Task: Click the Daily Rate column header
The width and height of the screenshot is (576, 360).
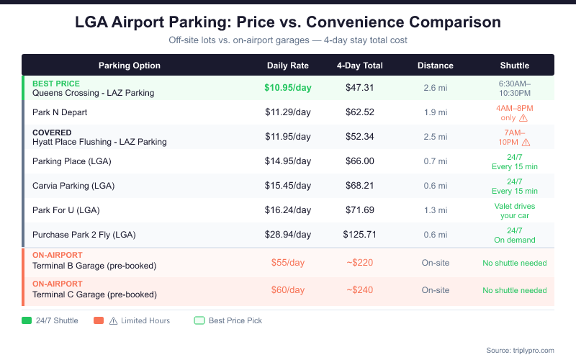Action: [x=288, y=66]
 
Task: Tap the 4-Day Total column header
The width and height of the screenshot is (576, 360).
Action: [x=360, y=66]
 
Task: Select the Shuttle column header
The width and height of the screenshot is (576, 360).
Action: [x=515, y=66]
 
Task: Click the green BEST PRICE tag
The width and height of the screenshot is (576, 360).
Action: [x=56, y=84]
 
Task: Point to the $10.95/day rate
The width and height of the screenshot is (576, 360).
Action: [x=288, y=88]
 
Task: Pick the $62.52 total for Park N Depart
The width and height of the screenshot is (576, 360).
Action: [x=360, y=112]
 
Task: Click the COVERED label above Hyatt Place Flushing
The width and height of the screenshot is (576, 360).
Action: [x=52, y=132]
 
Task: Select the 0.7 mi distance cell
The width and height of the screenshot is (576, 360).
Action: [x=436, y=161]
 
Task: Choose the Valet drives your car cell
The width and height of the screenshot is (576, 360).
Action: [x=515, y=210]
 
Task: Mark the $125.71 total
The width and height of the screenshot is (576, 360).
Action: [x=360, y=235]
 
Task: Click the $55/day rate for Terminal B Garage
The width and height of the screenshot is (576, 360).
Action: [x=288, y=263]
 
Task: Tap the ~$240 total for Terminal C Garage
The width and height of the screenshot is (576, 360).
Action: [x=360, y=290]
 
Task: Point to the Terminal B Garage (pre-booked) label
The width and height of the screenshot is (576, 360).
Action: [x=94, y=266]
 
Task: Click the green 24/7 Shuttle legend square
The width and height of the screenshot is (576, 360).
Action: [x=27, y=320]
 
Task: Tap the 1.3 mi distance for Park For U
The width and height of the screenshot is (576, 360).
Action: [x=436, y=210]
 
